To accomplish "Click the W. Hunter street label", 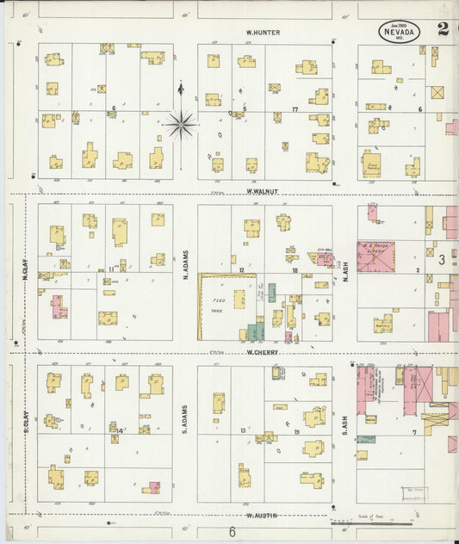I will [263, 33].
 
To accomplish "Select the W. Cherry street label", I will [260, 352].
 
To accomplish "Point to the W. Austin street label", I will [260, 516].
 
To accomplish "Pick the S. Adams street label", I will [185, 419].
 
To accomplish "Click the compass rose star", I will [180, 124].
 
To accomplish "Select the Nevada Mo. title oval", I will [400, 33].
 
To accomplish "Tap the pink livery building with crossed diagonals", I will [376, 257].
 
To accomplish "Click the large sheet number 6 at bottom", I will [232, 532].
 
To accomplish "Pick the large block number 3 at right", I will [440, 258].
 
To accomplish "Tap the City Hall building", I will [324, 257].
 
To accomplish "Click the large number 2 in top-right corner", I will [443, 28].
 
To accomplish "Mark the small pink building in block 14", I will [154, 487].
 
